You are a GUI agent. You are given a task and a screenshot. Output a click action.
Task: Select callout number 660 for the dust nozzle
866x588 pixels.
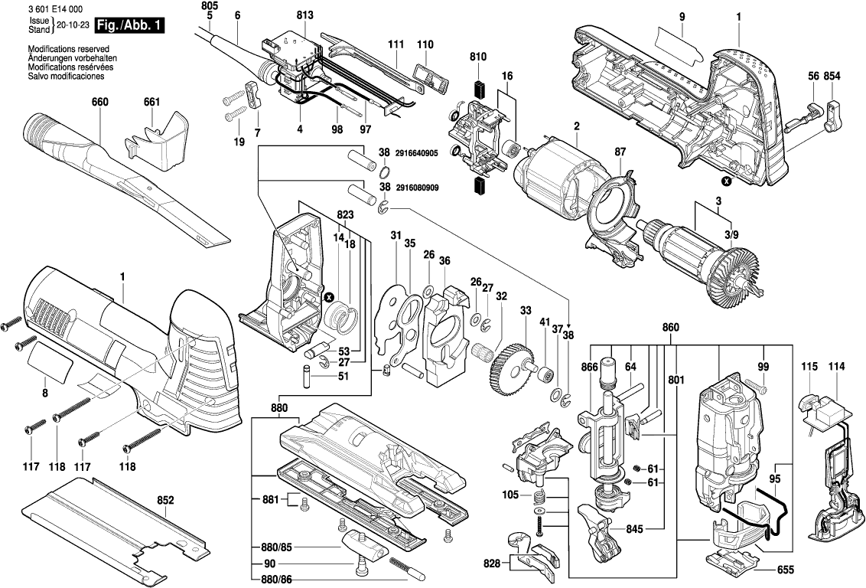[99, 103]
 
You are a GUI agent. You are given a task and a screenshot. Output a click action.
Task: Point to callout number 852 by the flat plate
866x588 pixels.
[165, 501]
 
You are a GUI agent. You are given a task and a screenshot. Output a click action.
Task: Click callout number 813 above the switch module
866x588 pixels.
[304, 16]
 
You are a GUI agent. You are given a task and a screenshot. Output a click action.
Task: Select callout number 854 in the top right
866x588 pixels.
[833, 76]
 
